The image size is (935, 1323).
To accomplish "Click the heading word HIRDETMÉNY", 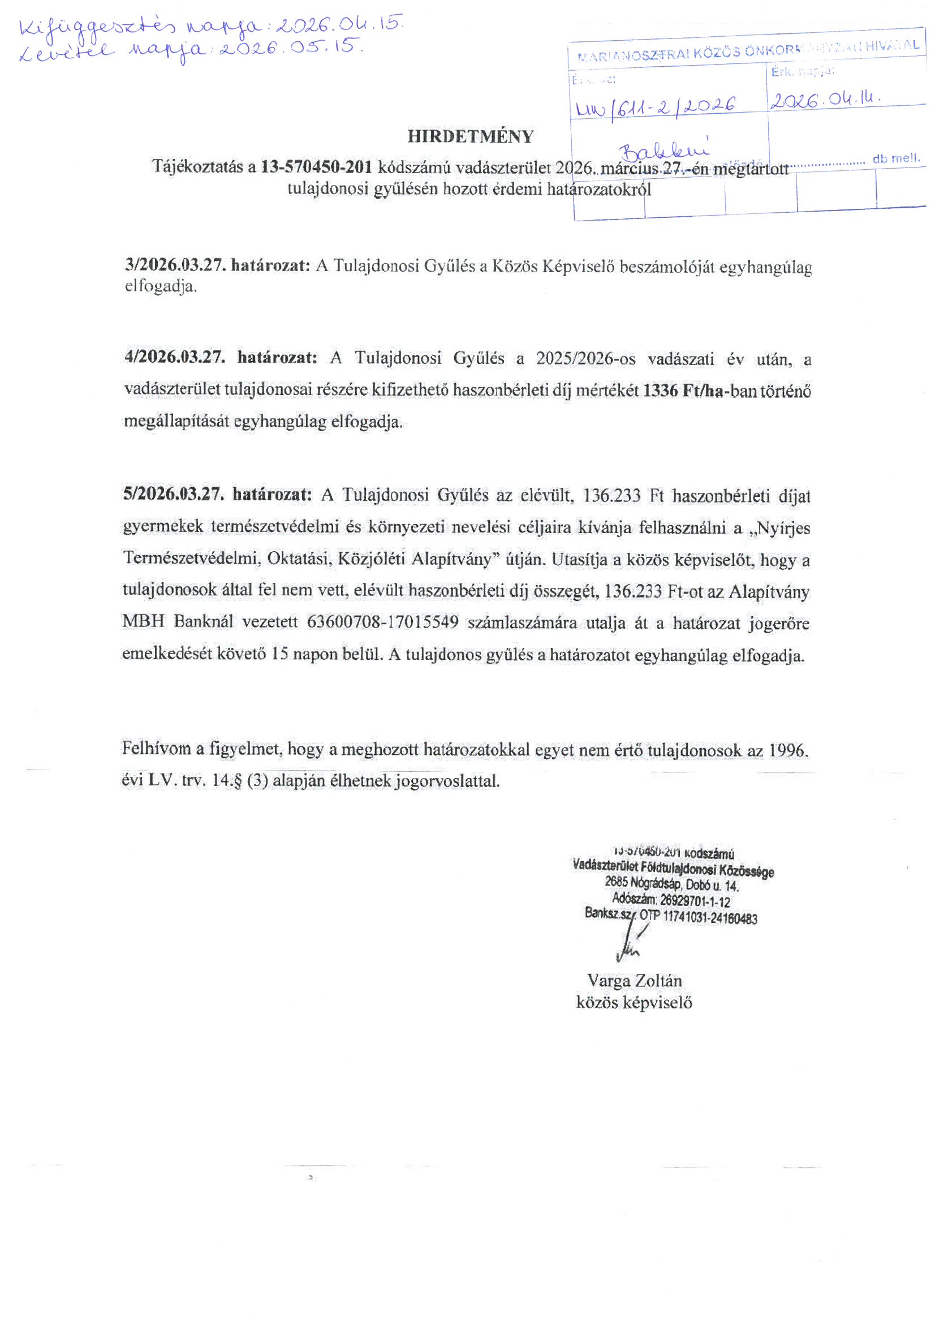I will [x=471, y=136].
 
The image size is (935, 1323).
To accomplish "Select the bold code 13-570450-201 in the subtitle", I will [x=317, y=167].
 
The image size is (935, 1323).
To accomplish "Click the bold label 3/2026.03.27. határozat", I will [x=217, y=265].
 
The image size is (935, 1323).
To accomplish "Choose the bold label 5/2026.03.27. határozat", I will [x=217, y=495].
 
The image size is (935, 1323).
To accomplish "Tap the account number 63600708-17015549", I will [x=383, y=622].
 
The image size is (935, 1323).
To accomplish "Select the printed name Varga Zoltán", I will [x=634, y=981].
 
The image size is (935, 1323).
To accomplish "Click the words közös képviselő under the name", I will [x=634, y=1003].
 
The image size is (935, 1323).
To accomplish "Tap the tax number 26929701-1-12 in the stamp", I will [x=695, y=901].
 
